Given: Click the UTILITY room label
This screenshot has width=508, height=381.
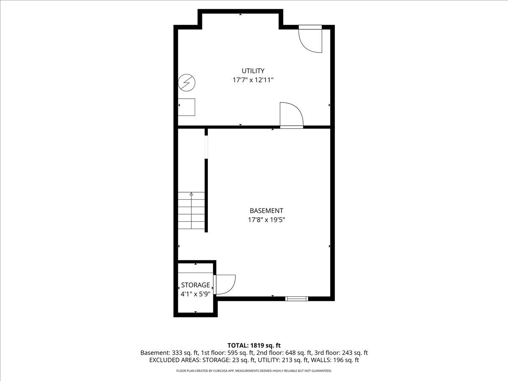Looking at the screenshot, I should coord(253,71).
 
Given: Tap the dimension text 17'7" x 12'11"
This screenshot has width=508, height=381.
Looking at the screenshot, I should coord(253,80).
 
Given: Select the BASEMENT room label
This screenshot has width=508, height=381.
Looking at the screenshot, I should coord(266,210).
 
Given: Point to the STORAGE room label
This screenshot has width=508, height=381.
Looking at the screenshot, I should coord(196,285).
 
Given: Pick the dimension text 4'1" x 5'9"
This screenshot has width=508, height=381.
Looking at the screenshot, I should coord(196,293).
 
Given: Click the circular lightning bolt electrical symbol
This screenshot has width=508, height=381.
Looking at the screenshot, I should coord(186,83).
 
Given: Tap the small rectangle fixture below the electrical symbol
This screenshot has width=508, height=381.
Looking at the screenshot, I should coord(187,107).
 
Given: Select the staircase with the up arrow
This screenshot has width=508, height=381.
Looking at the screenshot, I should coord(191,210).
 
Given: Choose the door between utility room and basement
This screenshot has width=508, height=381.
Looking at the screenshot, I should coord(291,115).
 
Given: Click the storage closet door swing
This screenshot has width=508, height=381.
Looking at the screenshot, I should coord(224,284).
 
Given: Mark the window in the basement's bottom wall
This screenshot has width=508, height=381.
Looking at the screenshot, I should coord(296,299).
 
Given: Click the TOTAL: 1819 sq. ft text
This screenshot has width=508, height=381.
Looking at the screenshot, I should coord(254,345).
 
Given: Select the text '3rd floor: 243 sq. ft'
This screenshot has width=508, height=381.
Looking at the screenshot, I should coord(341,353).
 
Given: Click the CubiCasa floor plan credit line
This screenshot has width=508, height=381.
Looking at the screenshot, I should coord(254,371).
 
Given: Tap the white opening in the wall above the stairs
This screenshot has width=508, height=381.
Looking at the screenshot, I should coord(206,146).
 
